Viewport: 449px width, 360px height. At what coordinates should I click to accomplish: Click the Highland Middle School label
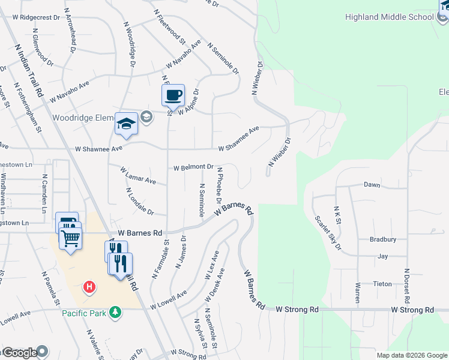(389, 17)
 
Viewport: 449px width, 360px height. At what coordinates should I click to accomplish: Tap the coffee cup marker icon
(173, 95)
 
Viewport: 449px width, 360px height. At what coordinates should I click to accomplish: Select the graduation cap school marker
(126, 124)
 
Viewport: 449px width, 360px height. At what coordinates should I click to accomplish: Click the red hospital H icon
(89, 287)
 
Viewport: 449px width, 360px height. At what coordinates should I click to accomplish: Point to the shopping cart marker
(71, 239)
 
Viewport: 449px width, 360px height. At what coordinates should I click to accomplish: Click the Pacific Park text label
(83, 313)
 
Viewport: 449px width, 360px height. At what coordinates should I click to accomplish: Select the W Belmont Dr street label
(194, 167)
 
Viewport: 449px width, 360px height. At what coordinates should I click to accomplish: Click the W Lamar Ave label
(138, 176)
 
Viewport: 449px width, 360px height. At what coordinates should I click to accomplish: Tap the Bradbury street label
(383, 239)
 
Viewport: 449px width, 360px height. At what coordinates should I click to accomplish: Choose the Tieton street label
(382, 284)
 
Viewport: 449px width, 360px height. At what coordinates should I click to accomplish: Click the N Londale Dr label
(140, 202)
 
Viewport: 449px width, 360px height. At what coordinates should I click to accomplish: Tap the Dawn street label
(372, 185)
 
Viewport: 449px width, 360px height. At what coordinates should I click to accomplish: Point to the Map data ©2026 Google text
(412, 355)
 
